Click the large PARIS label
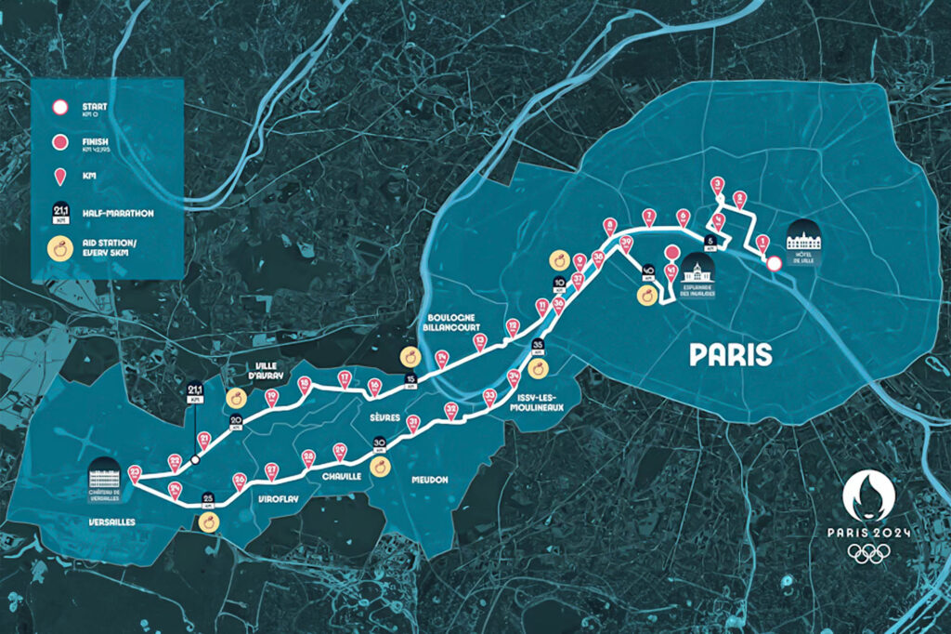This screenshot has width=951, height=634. tap(731, 354)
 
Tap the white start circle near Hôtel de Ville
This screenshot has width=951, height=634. tap(774, 264)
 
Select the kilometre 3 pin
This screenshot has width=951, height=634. tap(717, 184)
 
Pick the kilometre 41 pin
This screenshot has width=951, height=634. tap(671, 271)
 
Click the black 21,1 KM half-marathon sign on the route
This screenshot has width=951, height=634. tap(195, 390)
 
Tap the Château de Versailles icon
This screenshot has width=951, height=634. tap(105, 475)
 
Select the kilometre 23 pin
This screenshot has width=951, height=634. tap(135, 473)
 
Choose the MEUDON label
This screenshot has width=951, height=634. tap(429, 480)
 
